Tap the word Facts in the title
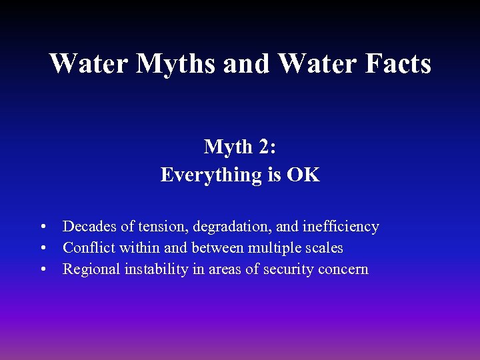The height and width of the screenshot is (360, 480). click(397, 64)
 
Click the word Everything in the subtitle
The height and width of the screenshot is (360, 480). click(201, 175)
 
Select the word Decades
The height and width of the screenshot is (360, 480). click(87, 227)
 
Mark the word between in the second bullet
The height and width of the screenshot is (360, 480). click(215, 248)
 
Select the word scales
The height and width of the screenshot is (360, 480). click(323, 248)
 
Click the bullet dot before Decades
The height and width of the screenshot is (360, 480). click(43, 227)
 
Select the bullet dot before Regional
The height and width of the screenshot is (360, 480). click(43, 270)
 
